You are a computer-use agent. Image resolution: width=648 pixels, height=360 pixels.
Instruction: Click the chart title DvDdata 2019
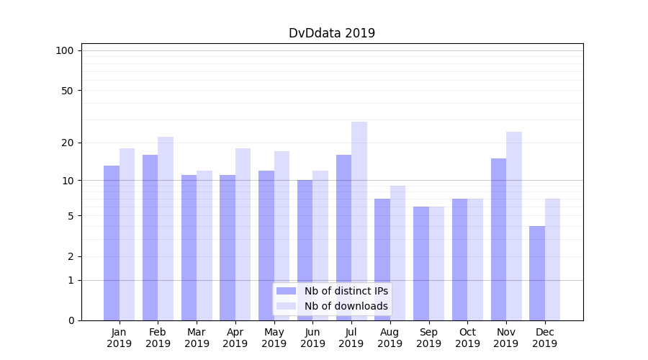tap(332, 33)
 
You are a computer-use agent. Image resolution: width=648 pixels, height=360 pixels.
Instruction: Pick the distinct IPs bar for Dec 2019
tap(537, 273)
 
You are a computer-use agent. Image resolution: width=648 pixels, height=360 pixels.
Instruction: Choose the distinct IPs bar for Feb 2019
tap(150, 238)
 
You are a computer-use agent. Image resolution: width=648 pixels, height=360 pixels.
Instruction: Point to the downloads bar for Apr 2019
tap(243, 234)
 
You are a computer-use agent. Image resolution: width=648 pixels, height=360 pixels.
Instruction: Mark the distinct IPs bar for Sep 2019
tap(421, 264)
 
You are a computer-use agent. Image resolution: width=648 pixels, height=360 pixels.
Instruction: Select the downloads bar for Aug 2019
tap(398, 253)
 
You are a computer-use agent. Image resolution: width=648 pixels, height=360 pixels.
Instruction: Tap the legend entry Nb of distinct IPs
tap(346, 291)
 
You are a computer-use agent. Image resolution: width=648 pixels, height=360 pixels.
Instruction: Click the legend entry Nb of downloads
tap(346, 306)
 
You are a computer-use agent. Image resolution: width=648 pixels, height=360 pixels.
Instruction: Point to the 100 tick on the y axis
tap(65, 50)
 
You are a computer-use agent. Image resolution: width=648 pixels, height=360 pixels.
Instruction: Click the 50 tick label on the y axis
tap(67, 91)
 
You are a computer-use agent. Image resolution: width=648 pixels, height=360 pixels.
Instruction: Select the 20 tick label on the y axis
tap(67, 143)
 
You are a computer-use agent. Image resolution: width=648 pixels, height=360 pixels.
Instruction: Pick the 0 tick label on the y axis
tap(71, 320)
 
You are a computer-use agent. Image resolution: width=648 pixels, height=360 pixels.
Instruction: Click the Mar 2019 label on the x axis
tap(197, 338)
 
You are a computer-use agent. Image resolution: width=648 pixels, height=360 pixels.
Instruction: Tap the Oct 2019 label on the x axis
tap(467, 338)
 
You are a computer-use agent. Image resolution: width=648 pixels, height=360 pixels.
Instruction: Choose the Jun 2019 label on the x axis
tap(312, 338)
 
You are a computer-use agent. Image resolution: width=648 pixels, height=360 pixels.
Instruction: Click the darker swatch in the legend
tap(286, 291)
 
